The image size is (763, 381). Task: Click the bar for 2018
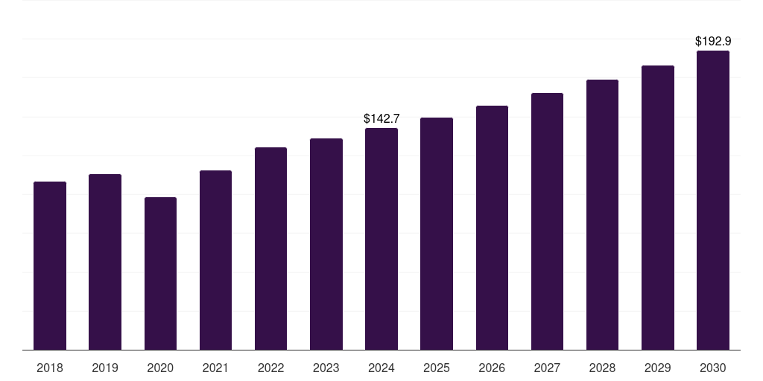point(50,266)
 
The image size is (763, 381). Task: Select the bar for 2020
point(160,273)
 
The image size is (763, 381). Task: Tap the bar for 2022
point(270,249)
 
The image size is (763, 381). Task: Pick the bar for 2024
point(381,239)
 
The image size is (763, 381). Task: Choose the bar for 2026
point(492,228)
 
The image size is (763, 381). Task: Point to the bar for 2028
point(602,214)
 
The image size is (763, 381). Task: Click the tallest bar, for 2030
point(713,200)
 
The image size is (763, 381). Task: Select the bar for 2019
point(105,262)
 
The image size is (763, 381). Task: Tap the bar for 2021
point(215,260)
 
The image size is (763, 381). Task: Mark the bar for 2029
point(658,208)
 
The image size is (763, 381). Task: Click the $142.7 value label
point(381,118)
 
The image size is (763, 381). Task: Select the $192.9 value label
point(713,42)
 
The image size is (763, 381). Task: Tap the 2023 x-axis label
point(326,368)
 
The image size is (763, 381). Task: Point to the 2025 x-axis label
point(437,368)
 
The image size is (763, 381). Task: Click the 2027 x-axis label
point(547,368)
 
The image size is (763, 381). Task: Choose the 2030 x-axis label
point(713,368)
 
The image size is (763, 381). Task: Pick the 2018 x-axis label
point(50,368)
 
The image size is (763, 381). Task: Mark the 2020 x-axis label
point(160,368)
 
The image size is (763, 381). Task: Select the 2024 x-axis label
point(381,368)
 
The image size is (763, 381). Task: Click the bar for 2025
point(437,234)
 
